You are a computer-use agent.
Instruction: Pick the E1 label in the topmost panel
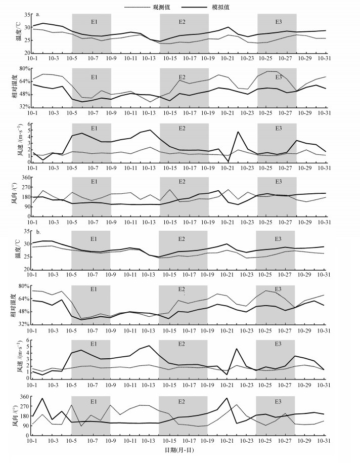tap(94, 22)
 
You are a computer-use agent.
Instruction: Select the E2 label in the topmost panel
tap(182, 22)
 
